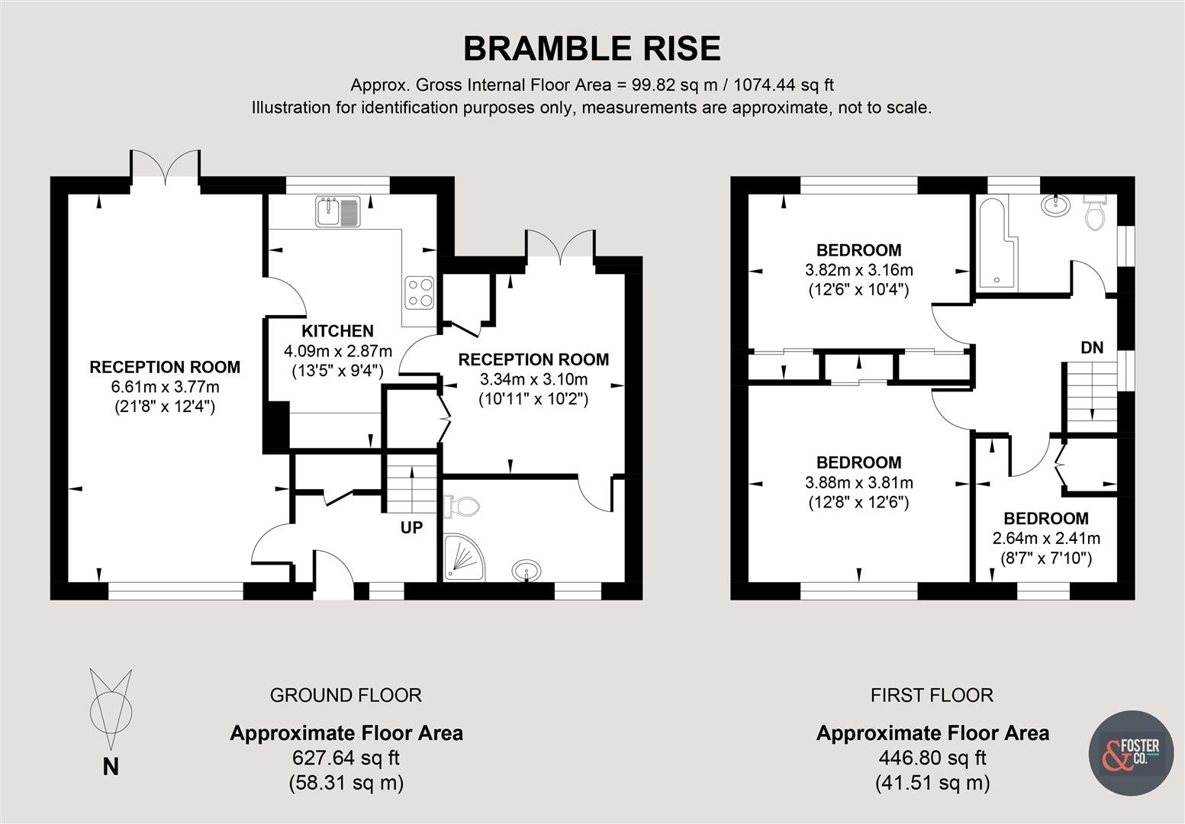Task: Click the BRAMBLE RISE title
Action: point(591,49)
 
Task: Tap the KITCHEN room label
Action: point(337,331)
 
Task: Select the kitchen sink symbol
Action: point(337,211)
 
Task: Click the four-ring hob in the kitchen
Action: point(419,291)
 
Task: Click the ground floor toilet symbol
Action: point(462,505)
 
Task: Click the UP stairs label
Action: point(411,527)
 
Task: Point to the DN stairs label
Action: point(1092,348)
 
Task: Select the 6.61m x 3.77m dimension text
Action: point(165,387)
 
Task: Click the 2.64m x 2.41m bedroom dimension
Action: point(1046,539)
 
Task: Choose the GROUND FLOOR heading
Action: point(346,695)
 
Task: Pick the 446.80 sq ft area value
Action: point(932,758)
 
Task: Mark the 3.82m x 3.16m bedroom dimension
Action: point(858,270)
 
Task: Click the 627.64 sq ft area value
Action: point(346,758)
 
